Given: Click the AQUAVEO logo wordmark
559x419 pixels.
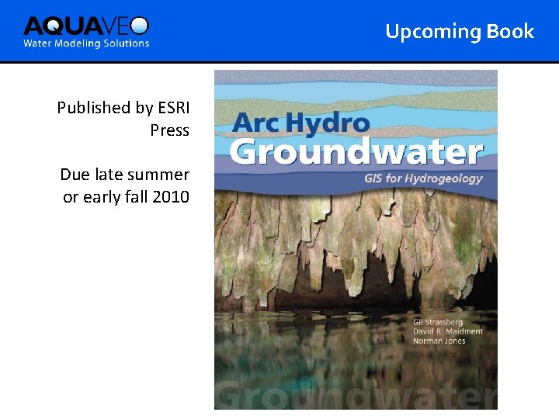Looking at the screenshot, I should (x=85, y=26).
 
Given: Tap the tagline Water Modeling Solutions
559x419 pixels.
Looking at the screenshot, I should (x=86, y=43).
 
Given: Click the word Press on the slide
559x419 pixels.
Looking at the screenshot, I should (x=169, y=130).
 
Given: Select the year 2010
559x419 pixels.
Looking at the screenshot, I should (x=171, y=197).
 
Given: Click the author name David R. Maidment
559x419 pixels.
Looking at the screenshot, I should (x=447, y=331).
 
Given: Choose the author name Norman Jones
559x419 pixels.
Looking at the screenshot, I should (x=439, y=341).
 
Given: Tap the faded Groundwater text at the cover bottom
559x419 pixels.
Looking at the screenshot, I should (x=356, y=395).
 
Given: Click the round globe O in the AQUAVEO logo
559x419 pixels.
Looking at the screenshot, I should (x=140, y=26).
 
